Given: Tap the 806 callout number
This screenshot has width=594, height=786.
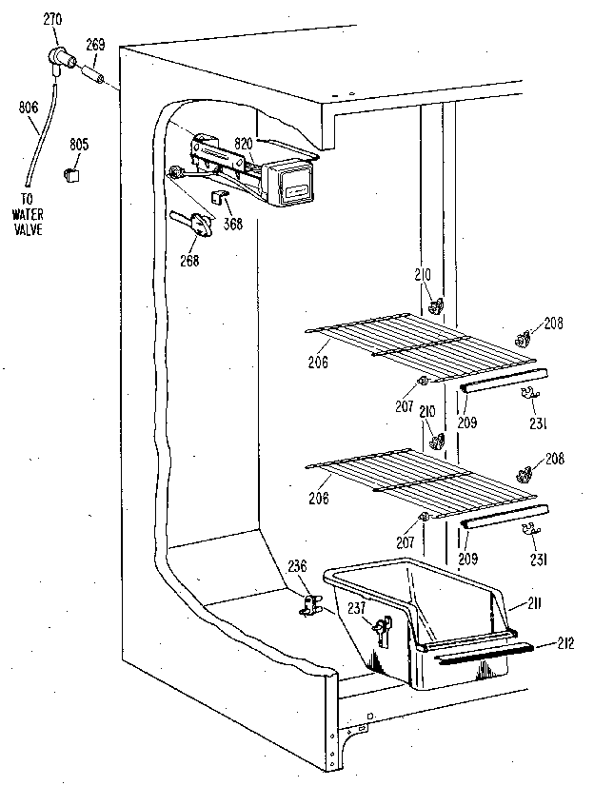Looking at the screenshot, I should point(28,108).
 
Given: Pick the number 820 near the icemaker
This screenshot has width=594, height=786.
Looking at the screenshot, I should point(244,143).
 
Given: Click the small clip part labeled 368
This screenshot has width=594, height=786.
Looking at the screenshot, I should point(218,198).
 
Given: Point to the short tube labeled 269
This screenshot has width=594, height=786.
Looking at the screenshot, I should point(93,73).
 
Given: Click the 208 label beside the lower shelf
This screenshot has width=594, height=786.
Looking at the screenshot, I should point(555,458).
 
